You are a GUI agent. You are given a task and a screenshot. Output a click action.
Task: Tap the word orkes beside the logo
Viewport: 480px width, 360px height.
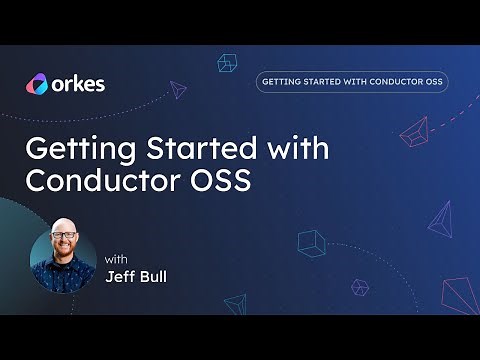[77, 84]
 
